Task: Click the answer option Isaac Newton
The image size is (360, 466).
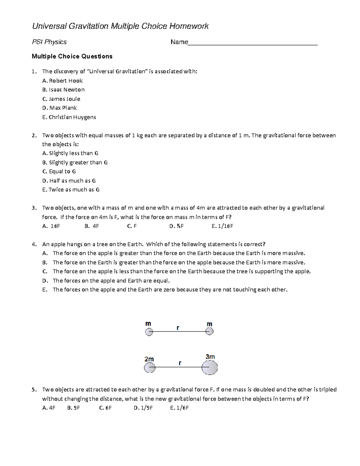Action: pos(63,90)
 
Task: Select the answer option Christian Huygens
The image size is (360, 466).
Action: pos(69,117)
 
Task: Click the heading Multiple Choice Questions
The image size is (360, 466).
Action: pos(72,56)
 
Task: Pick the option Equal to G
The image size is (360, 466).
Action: pos(59,171)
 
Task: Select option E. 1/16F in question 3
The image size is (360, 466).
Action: pos(222,226)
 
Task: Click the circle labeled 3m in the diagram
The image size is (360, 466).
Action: pos(209,367)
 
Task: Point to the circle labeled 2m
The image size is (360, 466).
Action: pos(149,368)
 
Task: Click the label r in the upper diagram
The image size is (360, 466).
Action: pos(178,328)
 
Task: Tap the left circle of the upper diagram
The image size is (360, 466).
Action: pos(149,332)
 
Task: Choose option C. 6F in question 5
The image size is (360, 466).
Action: pos(105,408)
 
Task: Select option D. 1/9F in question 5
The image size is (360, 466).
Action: pos(143,408)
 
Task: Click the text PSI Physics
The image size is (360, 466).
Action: pos(49,42)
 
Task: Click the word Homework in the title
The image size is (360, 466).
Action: pos(189,26)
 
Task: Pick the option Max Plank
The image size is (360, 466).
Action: pos(59,108)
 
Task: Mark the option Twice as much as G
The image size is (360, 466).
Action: pos(71,190)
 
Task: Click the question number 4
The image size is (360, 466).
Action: pos(34,244)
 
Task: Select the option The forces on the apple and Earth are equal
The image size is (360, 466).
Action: pos(111,281)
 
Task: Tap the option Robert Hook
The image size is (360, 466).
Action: pos(62,81)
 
